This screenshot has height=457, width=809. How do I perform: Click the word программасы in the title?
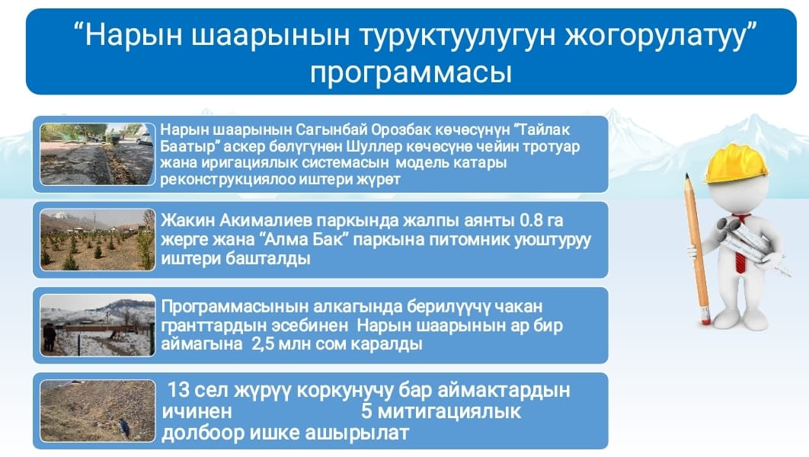click(411, 72)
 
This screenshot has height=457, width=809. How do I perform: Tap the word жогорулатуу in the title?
click(655, 36)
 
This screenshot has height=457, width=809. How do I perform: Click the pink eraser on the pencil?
click(704, 315)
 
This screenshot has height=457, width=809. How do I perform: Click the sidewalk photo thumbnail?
click(98, 154)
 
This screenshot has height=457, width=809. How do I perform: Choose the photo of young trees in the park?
click(98, 240)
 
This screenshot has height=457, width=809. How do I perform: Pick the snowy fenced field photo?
click(98, 325)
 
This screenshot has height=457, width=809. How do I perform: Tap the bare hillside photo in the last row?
click(98, 411)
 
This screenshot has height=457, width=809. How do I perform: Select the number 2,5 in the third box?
click(263, 344)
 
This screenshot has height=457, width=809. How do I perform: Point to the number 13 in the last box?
click(178, 390)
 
